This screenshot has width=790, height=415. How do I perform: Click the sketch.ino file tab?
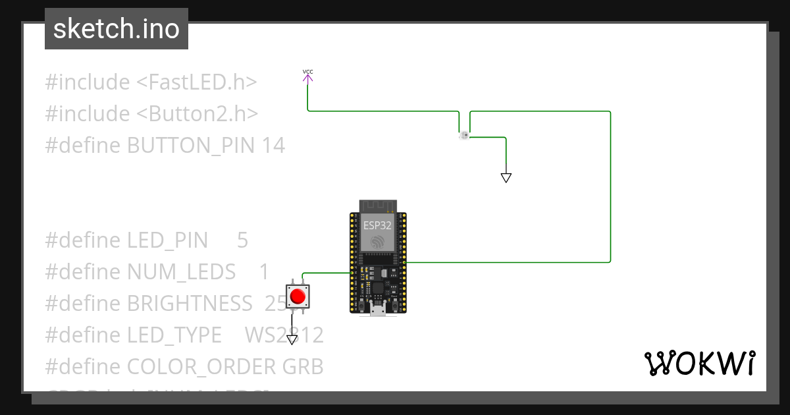(117, 29)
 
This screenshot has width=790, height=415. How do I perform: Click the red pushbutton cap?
(298, 296)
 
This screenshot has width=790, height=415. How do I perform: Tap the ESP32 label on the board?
(377, 225)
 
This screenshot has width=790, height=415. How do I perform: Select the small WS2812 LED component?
(463, 136)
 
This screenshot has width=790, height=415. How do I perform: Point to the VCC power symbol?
(307, 76)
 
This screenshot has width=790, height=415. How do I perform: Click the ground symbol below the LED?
(506, 177)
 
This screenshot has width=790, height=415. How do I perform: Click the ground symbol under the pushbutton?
(292, 340)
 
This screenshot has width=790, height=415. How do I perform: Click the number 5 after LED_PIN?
(242, 240)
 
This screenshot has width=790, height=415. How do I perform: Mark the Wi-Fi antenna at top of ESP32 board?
(377, 205)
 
